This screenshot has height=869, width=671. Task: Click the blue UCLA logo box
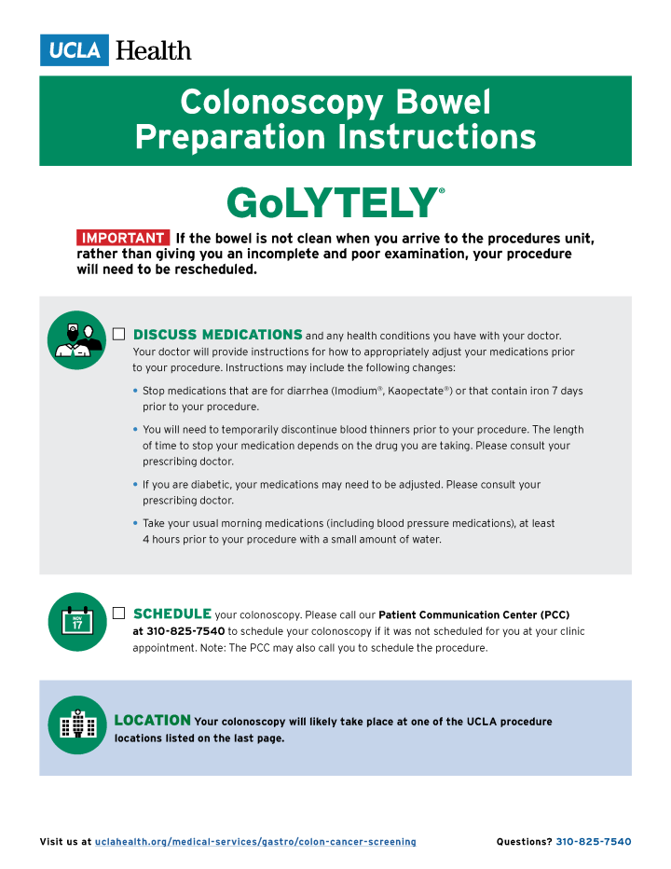point(75,49)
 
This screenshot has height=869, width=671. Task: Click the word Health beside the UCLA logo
point(153,50)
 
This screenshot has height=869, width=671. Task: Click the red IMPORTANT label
point(124,238)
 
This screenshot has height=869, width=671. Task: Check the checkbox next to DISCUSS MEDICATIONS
point(118,334)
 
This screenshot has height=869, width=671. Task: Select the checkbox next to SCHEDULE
point(118,613)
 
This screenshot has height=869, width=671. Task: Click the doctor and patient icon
point(77,340)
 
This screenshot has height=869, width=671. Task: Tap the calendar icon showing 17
point(77,622)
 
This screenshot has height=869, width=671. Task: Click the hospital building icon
point(77,724)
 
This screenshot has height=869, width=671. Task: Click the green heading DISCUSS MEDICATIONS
point(218,335)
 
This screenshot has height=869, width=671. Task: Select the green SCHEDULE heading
point(172,614)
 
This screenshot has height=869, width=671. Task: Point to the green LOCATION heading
point(153,721)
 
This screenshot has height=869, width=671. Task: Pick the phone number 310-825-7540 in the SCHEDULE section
point(185,631)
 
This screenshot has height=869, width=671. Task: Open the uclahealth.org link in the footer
point(255,842)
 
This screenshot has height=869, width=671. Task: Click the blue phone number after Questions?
point(594,842)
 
